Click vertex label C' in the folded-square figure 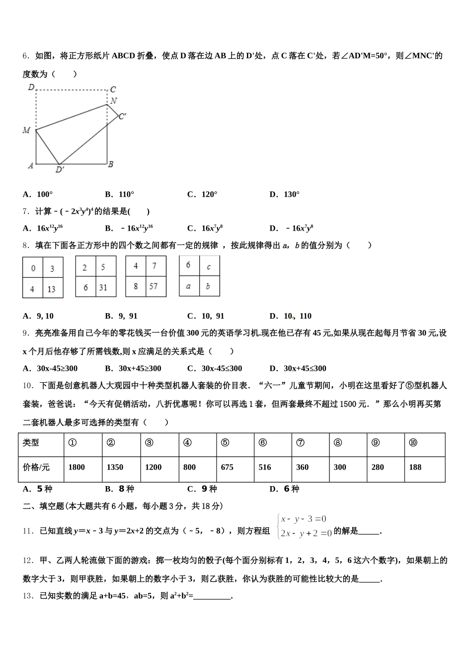122,116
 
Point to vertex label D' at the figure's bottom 60,170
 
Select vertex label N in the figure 114,101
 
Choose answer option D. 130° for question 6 284,194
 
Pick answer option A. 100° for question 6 38,194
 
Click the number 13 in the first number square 52,289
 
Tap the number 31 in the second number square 103,287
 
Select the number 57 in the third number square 153,286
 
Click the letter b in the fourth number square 208,286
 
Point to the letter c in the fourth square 209,267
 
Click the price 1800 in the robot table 77,467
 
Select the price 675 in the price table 227,467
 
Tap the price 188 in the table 415,467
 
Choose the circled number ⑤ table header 225,443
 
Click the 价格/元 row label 36,467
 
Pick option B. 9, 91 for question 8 121,316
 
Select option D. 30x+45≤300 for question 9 298,368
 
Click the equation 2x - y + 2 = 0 306,533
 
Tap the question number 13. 28,595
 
